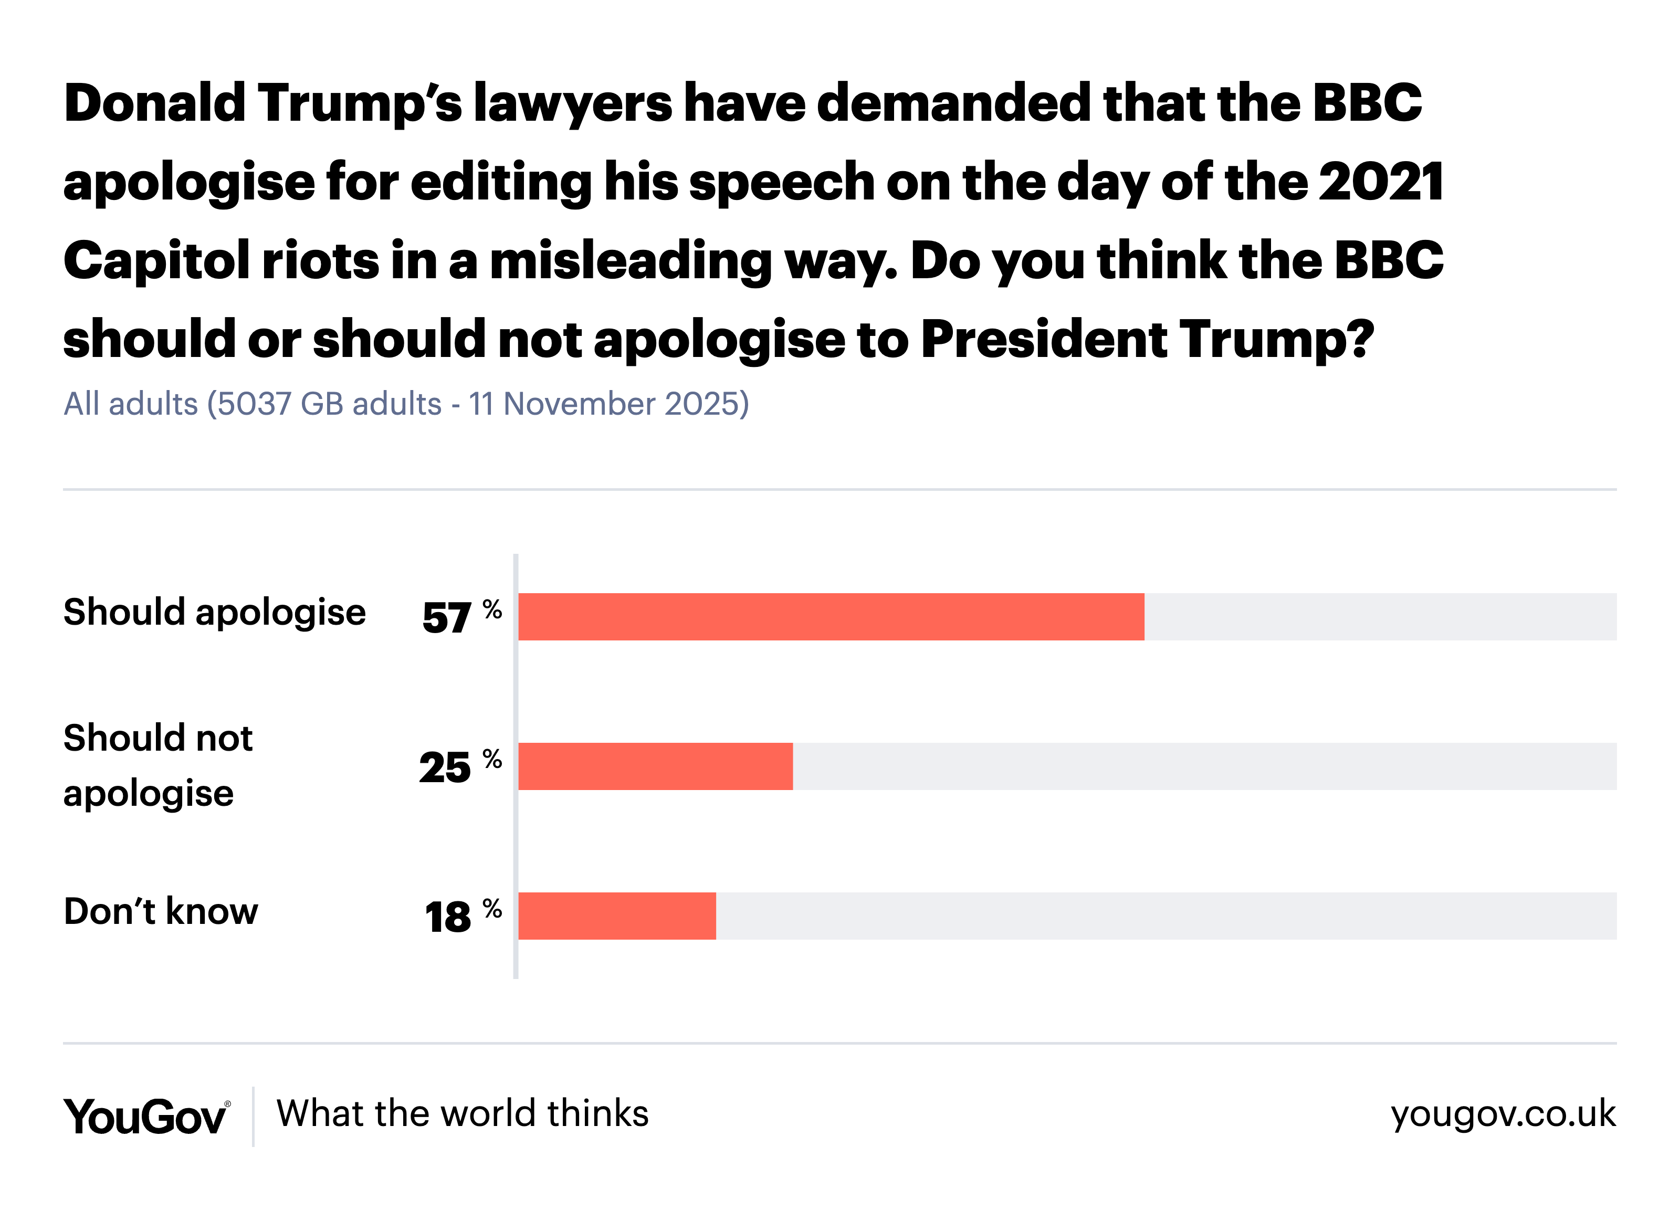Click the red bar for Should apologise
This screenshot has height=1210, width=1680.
click(831, 616)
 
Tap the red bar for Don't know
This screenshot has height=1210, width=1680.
click(616, 916)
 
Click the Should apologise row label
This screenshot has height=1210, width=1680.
click(214, 613)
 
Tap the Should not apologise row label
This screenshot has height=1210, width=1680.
click(158, 765)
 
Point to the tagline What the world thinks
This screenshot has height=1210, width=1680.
click(462, 1113)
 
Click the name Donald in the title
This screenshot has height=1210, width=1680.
click(154, 102)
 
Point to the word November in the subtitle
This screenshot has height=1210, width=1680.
click(579, 404)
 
